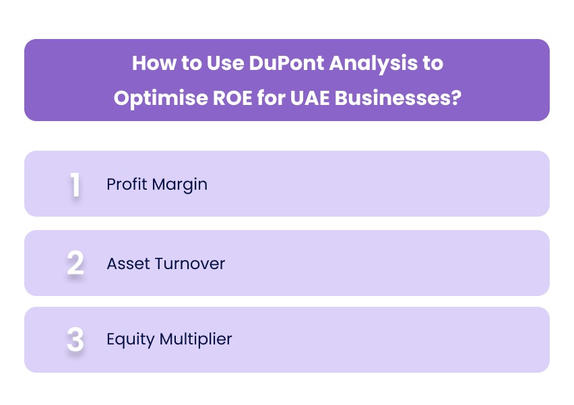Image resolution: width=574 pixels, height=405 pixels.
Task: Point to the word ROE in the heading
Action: pyautogui.click(x=229, y=98)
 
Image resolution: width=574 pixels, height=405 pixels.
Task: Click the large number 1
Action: pyautogui.click(x=75, y=185)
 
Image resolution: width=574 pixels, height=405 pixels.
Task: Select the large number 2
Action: pyautogui.click(x=75, y=263)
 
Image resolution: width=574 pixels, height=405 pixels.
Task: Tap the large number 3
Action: pyautogui.click(x=75, y=340)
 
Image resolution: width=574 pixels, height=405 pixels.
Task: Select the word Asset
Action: pyautogui.click(x=128, y=263)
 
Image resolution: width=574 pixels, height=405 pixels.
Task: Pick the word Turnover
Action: pyautogui.click(x=190, y=263)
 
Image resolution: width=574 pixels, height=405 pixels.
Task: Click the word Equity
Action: pyautogui.click(x=130, y=340)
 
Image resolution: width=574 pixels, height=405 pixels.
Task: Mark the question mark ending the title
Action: pyautogui.click(x=455, y=98)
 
